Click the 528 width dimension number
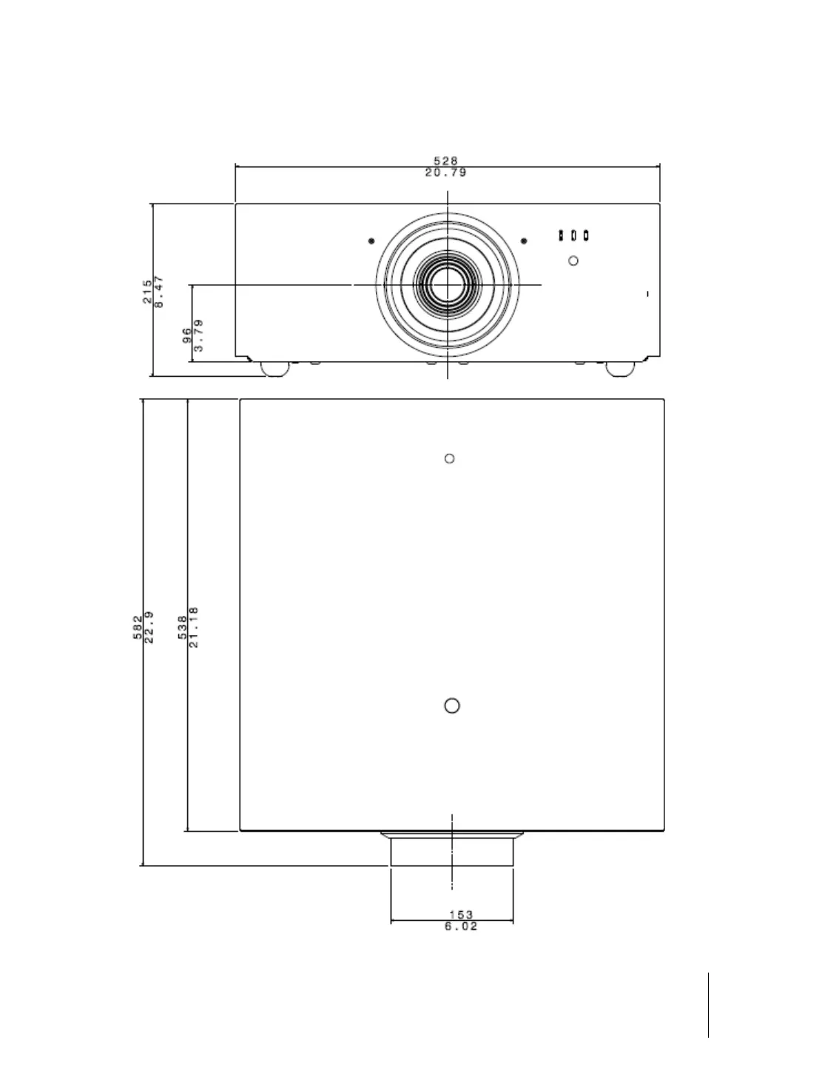445,161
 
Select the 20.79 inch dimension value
445,172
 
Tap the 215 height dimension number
147,292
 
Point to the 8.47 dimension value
159,291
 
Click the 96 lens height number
186,335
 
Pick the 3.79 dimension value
199,335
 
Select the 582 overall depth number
138,628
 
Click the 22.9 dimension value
149,628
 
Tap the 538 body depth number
182,628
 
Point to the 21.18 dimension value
194,628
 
